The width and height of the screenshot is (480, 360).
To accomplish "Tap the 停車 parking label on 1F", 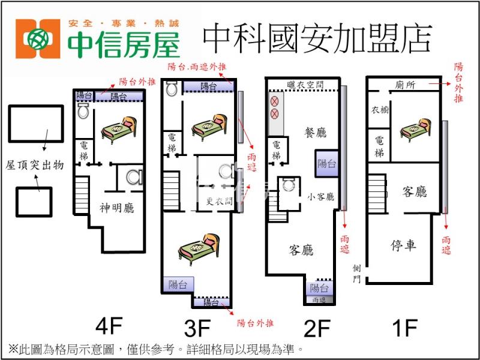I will pos(403,245).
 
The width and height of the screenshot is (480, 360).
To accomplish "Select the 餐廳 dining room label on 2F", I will pos(316,133).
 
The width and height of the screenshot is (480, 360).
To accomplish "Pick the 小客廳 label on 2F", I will pos(321,196).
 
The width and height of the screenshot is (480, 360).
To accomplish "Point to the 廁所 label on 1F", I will pos(407,85).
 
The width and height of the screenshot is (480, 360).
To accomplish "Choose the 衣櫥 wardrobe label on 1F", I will pos(379,110).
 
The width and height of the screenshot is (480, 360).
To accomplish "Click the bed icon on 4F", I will pos(118,127).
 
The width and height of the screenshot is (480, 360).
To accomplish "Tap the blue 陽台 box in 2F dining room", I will pos(327,163).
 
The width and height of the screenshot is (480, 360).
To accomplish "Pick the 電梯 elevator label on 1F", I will pos(379,146).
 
